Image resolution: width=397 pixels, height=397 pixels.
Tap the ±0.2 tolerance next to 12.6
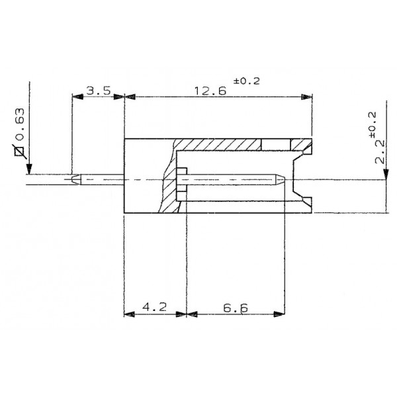(x=247, y=81)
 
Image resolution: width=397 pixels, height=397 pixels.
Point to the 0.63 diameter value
(x=21, y=130)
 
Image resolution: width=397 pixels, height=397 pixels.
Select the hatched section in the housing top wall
(x=218, y=144)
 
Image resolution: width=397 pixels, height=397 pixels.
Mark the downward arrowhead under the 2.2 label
(x=384, y=173)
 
